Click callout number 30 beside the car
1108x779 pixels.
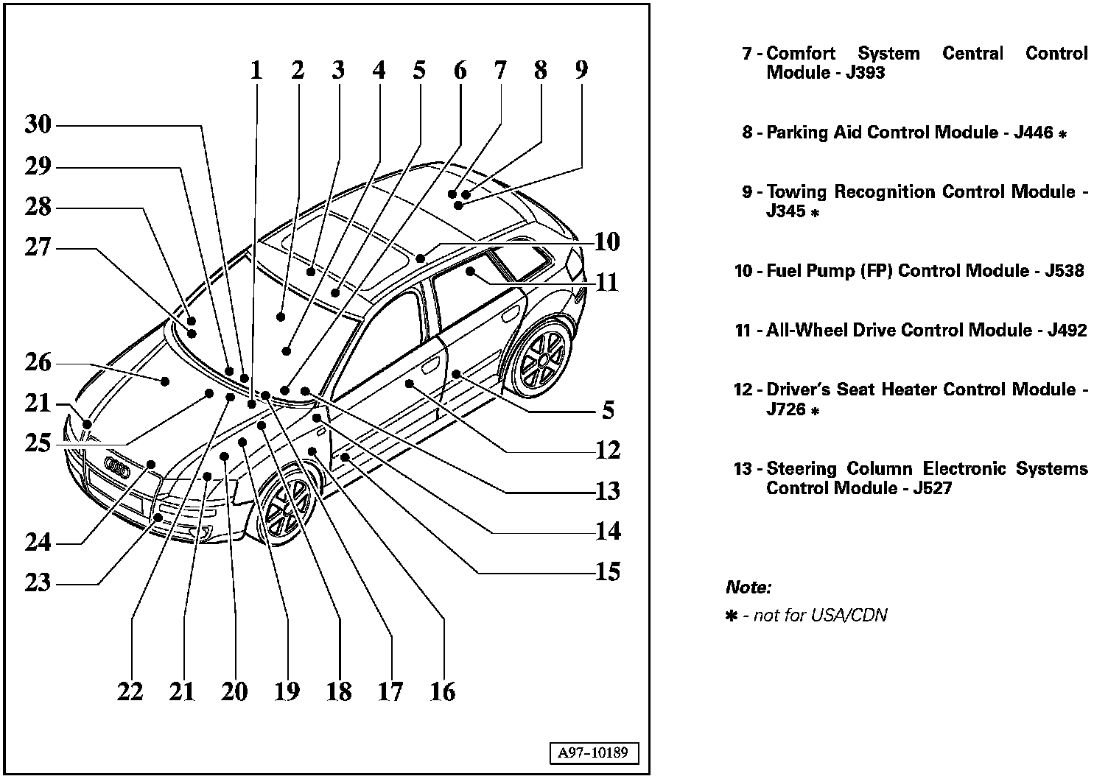[38, 124]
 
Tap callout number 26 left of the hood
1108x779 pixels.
[38, 362]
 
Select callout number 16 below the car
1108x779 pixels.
[443, 691]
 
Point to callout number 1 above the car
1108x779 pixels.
[256, 71]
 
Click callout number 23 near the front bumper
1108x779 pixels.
[38, 582]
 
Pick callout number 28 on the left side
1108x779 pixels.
[38, 207]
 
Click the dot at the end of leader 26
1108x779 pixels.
[165, 381]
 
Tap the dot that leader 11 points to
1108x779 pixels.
[470, 272]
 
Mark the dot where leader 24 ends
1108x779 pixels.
[151, 464]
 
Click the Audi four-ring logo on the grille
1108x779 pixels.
[118, 465]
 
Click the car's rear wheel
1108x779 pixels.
[543, 360]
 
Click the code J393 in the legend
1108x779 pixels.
[865, 73]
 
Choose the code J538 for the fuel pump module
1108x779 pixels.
[1064, 271]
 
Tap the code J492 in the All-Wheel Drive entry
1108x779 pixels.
[1067, 331]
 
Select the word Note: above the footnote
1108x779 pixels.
[748, 588]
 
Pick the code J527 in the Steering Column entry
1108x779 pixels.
[932, 488]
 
